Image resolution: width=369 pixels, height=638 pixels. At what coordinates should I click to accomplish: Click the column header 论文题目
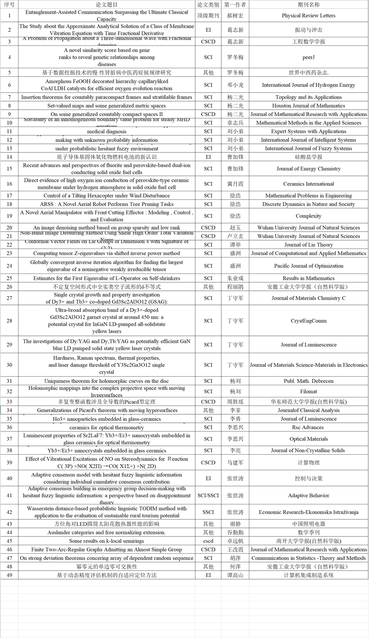pyautogui.click(x=107, y=5)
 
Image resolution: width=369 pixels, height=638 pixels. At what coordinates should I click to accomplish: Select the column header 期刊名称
pyautogui.click(x=309, y=5)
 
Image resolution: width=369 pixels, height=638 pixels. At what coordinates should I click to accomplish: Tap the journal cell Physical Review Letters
pyautogui.click(x=309, y=16)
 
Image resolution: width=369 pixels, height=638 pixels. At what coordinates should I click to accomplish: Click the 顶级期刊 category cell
pyautogui.click(x=208, y=16)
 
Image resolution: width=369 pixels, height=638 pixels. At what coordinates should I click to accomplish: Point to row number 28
pyautogui.click(x=9, y=321)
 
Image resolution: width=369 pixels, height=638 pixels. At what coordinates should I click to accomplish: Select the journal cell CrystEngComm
pyautogui.click(x=309, y=321)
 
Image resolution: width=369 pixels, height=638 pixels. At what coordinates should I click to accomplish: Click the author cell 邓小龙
pyautogui.click(x=235, y=85)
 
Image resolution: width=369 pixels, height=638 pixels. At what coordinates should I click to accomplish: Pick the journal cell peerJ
pyautogui.click(x=309, y=57)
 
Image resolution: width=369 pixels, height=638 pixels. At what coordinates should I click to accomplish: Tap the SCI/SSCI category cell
pyautogui.click(x=208, y=495)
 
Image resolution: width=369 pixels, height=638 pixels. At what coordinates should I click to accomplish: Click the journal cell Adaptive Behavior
pyautogui.click(x=309, y=495)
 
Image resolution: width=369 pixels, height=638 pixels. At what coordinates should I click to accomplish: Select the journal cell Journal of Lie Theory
pyautogui.click(x=309, y=245)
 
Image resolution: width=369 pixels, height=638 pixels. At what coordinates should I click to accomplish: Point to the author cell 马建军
pyautogui.click(x=235, y=462)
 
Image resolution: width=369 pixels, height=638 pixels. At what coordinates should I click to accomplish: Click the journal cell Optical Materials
pyautogui.click(x=309, y=439)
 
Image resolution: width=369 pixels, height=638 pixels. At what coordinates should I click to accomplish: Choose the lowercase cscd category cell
pyautogui.click(x=208, y=541)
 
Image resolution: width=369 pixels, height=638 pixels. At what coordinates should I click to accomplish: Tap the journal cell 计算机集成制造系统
pyautogui.click(x=309, y=575)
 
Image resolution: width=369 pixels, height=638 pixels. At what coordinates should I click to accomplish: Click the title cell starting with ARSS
pyautogui.click(x=107, y=204)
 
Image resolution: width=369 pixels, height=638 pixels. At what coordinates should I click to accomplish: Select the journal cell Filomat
pyautogui.click(x=309, y=391)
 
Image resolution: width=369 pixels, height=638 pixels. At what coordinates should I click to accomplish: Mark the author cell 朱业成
pyautogui.click(x=235, y=278)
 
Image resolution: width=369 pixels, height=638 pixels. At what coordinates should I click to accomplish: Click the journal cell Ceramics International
pyautogui.click(x=309, y=184)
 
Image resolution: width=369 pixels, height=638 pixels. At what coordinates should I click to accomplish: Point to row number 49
pyautogui.click(x=9, y=575)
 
